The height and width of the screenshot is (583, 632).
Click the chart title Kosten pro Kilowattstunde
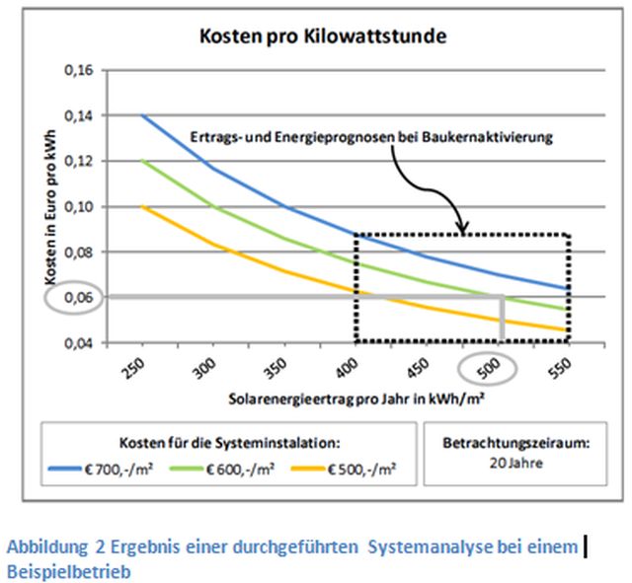324,38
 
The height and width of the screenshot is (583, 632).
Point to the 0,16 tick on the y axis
76,70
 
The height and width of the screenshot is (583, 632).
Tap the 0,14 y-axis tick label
76,115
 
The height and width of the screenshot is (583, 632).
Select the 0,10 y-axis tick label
76,206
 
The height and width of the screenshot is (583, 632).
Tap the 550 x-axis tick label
558,370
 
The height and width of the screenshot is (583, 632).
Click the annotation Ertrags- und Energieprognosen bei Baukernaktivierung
370,136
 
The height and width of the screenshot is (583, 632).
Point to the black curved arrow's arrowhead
461,230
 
